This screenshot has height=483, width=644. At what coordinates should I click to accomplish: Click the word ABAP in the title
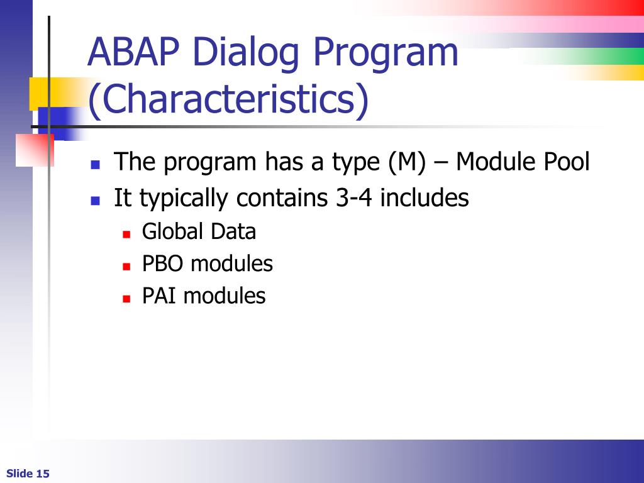click(x=134, y=52)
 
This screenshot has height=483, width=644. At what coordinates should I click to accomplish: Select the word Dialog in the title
click(x=246, y=54)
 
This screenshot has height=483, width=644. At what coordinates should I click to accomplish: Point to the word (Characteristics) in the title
click(x=228, y=99)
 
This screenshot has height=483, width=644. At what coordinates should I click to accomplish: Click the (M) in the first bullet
click(x=407, y=162)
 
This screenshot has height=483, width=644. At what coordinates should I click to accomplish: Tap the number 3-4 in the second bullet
click(x=354, y=197)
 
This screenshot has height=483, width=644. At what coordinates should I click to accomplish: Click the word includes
click(x=425, y=197)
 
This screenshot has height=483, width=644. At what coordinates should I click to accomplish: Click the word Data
click(x=233, y=231)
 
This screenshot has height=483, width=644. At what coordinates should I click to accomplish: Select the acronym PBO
click(x=162, y=264)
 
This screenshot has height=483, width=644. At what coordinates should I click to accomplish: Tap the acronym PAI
click(x=158, y=296)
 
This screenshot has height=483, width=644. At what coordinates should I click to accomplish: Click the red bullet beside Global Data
click(x=126, y=234)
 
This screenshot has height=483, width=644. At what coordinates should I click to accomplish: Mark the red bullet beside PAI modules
click(x=126, y=299)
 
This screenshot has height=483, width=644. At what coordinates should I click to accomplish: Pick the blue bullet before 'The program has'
click(x=96, y=165)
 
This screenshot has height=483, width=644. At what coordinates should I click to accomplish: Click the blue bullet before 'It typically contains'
click(x=96, y=201)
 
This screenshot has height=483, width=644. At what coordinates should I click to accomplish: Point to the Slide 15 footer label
click(x=28, y=474)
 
